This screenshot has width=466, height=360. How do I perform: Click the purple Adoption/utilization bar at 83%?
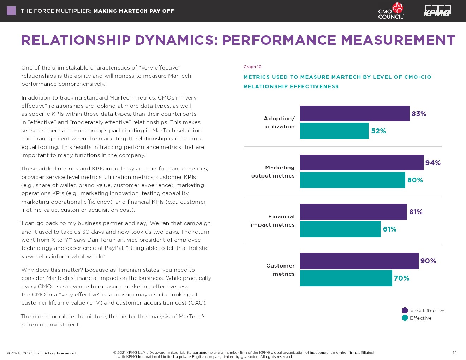354,114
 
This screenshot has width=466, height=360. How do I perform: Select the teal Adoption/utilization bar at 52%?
334,131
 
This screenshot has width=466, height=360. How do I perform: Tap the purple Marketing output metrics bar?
362,163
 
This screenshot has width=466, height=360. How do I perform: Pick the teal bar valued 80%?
352,180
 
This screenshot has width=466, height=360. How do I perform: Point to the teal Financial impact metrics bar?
340,229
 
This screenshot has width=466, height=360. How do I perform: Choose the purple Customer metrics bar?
359,261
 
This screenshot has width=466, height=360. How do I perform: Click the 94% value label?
433,163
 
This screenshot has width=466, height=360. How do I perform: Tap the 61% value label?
390,229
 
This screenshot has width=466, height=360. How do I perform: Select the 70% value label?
402,278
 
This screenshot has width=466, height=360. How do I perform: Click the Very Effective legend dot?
405,311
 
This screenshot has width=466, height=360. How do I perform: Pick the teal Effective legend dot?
405,318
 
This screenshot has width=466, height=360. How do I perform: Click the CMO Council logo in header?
391,11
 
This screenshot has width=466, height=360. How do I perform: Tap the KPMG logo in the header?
437,11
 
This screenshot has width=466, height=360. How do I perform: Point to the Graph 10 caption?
252,67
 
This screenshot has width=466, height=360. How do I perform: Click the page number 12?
455,353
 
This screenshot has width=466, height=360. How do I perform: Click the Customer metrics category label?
280,270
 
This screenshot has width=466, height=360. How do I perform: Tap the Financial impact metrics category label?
273,221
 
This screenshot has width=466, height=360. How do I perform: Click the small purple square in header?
11,11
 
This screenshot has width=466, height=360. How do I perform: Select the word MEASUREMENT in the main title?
398,40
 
